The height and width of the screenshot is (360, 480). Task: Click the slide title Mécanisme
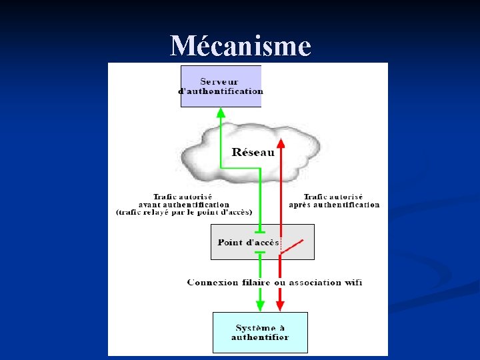pyautogui.click(x=240, y=47)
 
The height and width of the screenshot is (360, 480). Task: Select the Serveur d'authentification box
pyautogui.click(x=221, y=86)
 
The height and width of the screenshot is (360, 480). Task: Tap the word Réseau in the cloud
pyautogui.click(x=253, y=152)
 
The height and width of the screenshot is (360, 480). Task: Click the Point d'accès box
pyautogui.click(x=262, y=242)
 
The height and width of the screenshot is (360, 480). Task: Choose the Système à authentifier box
pyautogui.click(x=260, y=332)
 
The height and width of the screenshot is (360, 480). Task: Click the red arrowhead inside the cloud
pyautogui.click(x=281, y=143)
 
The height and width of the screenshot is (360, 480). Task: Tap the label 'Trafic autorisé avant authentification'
pyautogui.click(x=183, y=201)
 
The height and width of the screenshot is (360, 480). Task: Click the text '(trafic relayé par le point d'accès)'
pyautogui.click(x=183, y=212)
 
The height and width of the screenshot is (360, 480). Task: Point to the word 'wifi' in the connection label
pyautogui.click(x=353, y=282)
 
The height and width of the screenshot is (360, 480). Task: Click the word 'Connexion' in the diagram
pyautogui.click(x=213, y=282)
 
